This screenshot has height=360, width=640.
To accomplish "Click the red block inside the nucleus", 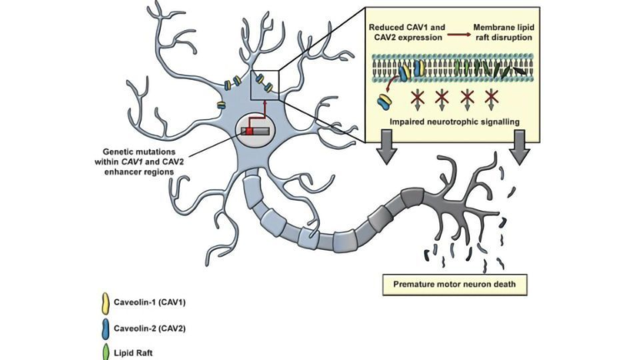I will tap(247, 130).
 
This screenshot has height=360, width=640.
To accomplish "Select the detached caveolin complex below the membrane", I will tap(387, 101).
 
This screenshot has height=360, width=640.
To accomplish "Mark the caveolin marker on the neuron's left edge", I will tap(221, 105).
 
